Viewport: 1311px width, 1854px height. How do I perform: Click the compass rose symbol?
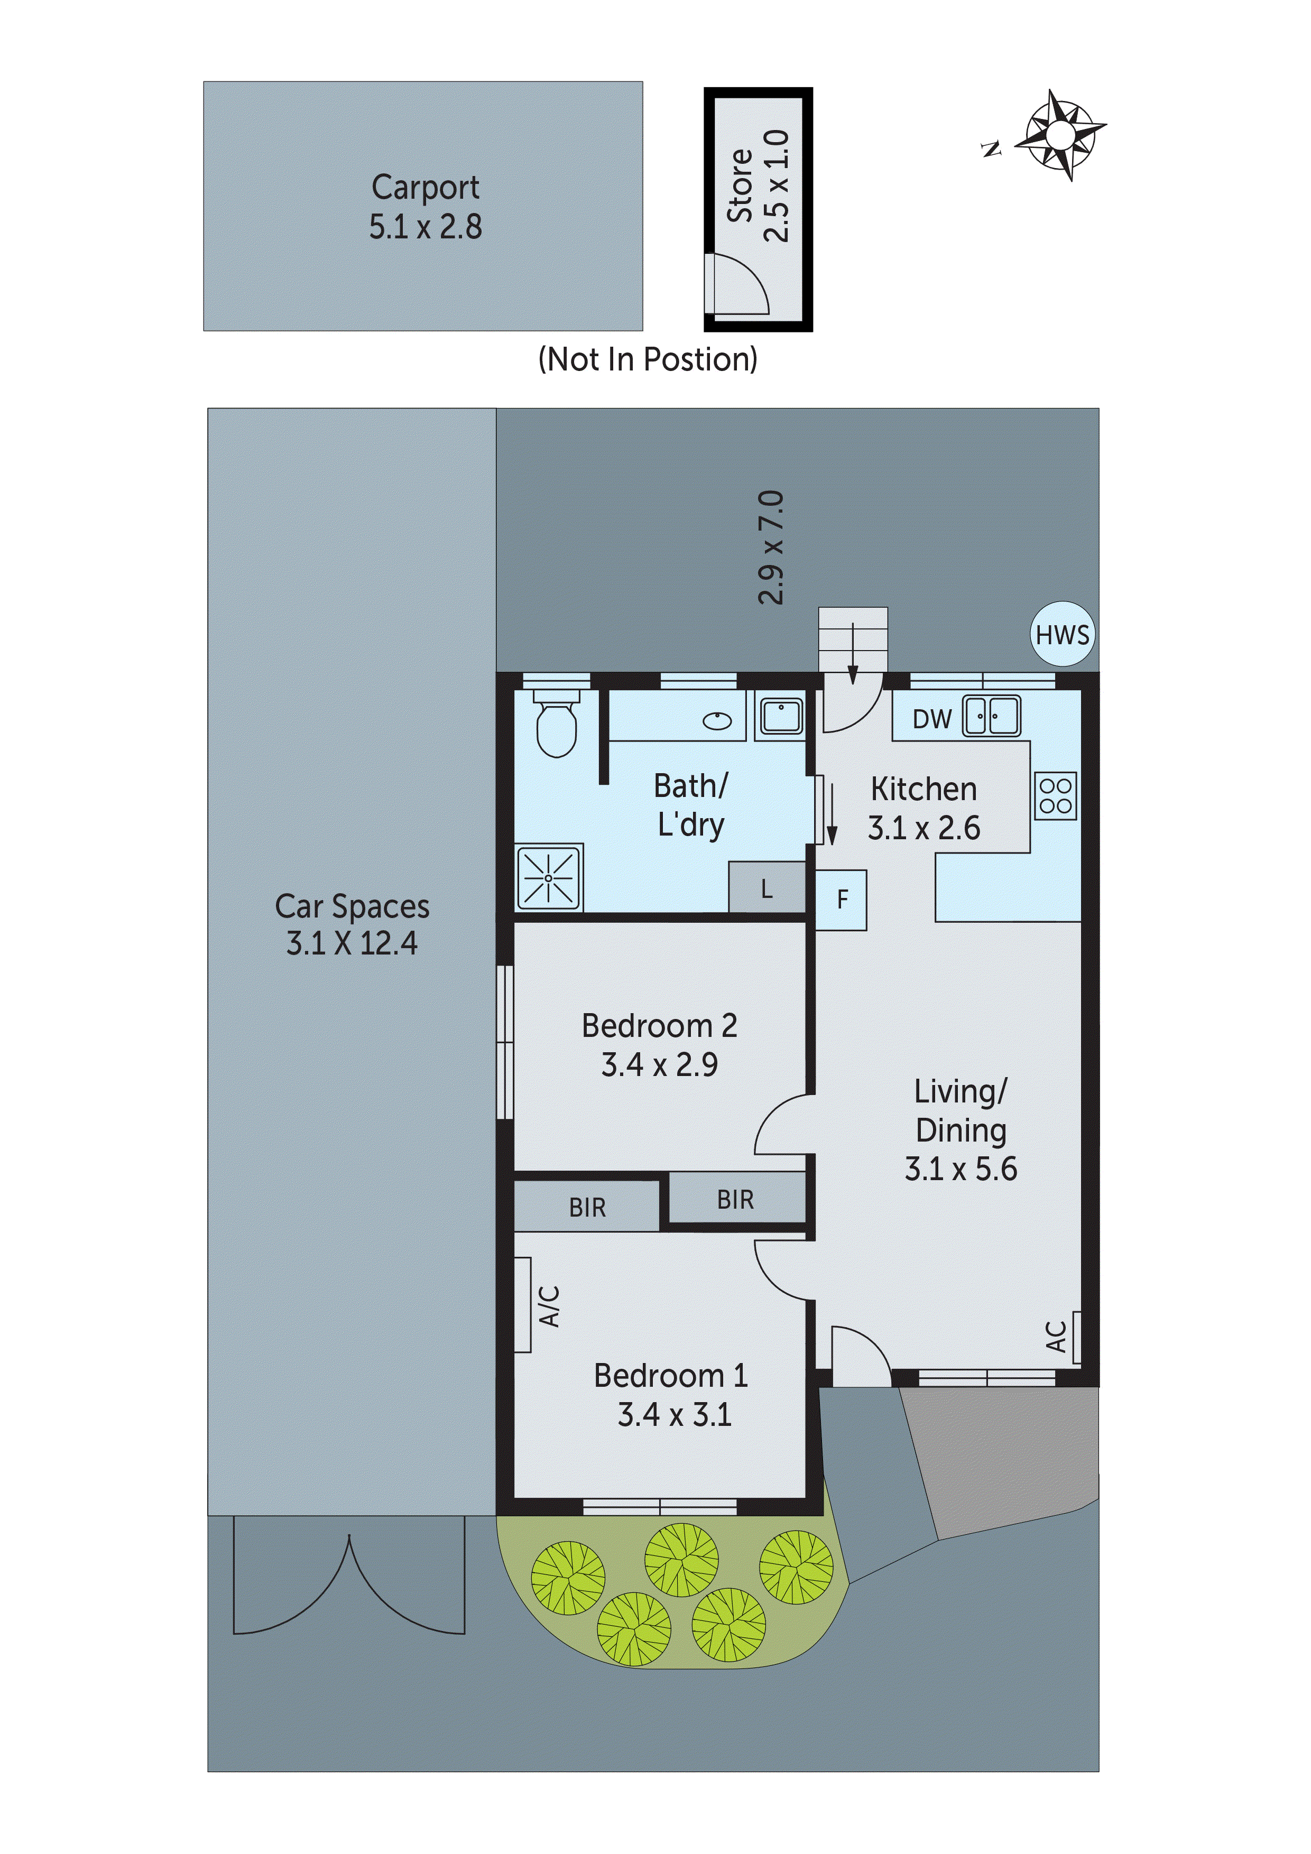[x=1060, y=134]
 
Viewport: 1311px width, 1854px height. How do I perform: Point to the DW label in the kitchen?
[x=931, y=719]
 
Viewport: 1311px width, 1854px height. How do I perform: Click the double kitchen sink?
[x=991, y=716]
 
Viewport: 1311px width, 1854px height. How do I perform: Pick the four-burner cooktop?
[x=1055, y=795]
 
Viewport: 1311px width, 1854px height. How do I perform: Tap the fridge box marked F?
[x=842, y=900]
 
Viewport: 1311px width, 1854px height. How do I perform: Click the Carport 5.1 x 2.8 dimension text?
[x=425, y=227]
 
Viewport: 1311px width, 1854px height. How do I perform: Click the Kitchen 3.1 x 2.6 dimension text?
[x=924, y=828]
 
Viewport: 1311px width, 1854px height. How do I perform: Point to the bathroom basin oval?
[x=717, y=721]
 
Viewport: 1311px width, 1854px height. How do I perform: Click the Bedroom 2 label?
[x=659, y=1025]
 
